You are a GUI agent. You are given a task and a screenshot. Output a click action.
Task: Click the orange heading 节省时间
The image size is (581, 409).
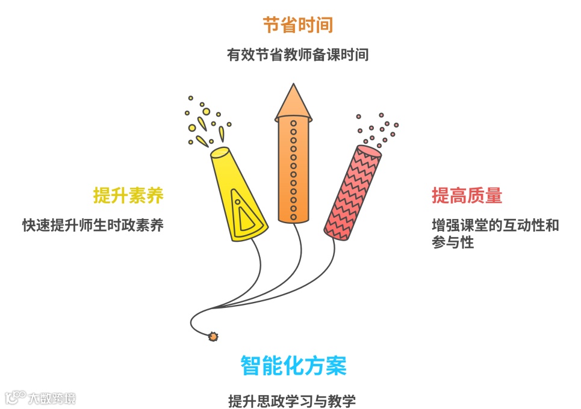pos(297,25)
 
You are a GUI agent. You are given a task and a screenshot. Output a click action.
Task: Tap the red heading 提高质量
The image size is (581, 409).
pos(467,195)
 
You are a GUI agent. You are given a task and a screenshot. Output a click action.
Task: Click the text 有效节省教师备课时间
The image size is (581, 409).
pos(297,55)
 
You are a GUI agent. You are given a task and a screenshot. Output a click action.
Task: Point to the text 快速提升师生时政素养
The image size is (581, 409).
pos(93,226)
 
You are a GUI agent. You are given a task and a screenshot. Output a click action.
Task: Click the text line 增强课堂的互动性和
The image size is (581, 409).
pos(495,226)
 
